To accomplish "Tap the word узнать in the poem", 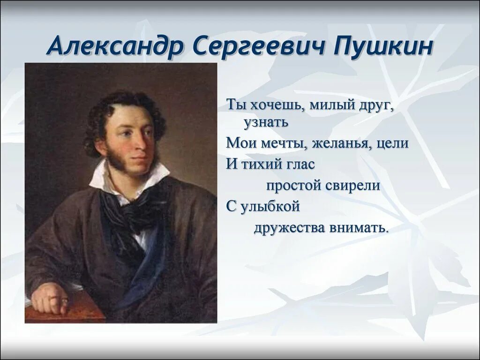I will coord(265,122).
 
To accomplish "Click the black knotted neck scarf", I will coord(131,206).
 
